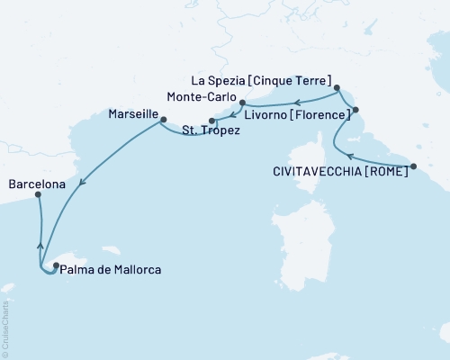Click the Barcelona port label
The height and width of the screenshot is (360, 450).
37,184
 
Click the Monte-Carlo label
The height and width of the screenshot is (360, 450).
201,96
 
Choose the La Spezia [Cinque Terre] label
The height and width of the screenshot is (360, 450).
268,79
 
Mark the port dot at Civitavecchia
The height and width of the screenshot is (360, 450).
413,166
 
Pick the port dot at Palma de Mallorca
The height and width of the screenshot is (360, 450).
56,265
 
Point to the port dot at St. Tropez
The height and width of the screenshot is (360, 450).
211,121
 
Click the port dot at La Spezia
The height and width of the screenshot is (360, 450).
337,88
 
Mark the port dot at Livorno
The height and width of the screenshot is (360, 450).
355,110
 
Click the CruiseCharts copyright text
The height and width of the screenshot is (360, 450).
7,328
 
